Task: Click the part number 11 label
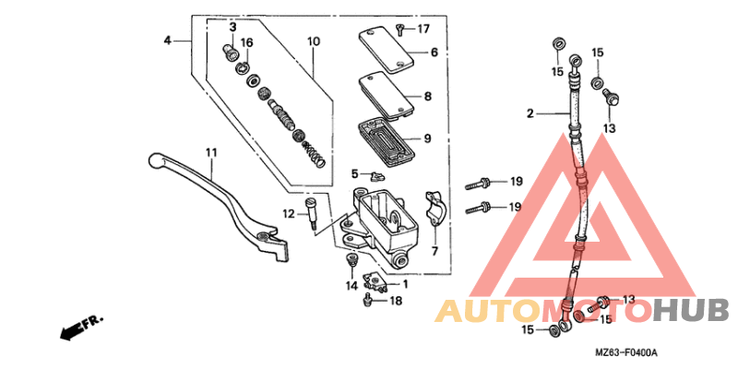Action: click(210, 152)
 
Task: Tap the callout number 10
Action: click(314, 42)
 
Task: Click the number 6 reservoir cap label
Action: click(434, 53)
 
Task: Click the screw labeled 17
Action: click(401, 29)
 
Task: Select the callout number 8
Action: click(428, 96)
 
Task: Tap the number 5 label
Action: click(353, 173)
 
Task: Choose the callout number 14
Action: click(351, 286)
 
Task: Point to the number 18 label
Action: click(395, 301)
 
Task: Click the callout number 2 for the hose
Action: click(530, 114)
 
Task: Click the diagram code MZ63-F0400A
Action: click(632, 353)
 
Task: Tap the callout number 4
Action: click(168, 41)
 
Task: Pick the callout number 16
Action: click(246, 42)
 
